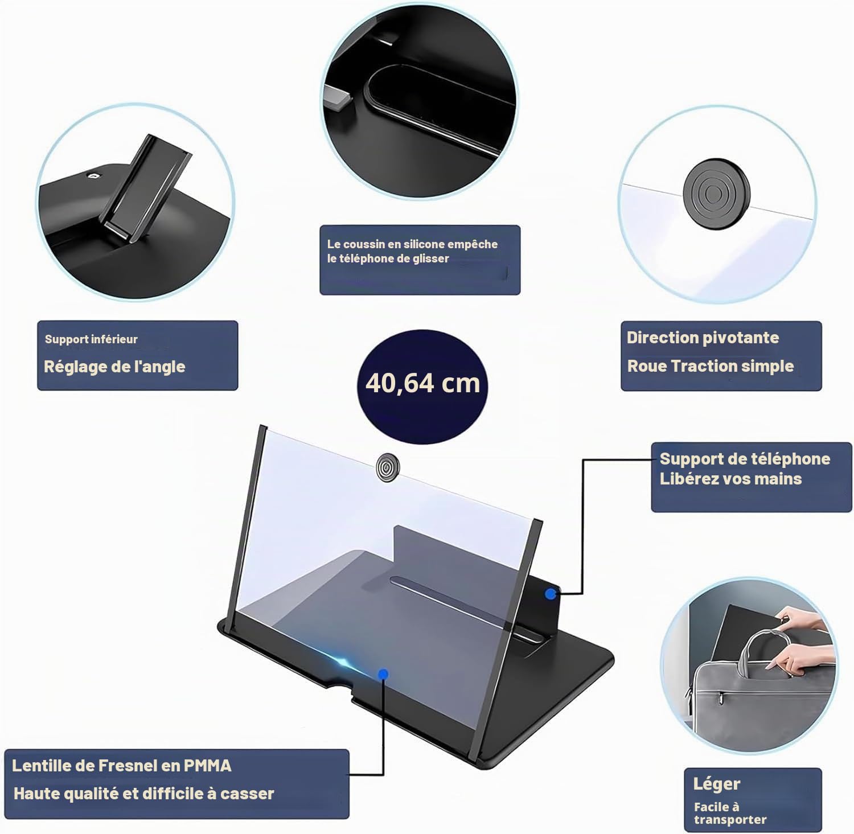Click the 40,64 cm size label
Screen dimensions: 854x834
tap(422, 383)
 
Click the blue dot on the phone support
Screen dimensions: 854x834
tap(551, 594)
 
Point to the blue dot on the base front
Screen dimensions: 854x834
tap(383, 674)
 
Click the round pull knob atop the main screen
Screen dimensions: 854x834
tap(387, 467)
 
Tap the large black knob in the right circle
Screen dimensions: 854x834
tap(717, 194)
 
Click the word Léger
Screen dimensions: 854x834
tap(717, 784)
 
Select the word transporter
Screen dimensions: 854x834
tap(730, 820)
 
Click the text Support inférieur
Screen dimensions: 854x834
tap(91, 339)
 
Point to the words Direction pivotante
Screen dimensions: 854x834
tap(703, 338)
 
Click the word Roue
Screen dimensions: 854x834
tap(647, 366)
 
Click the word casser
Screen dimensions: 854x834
tap(247, 794)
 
